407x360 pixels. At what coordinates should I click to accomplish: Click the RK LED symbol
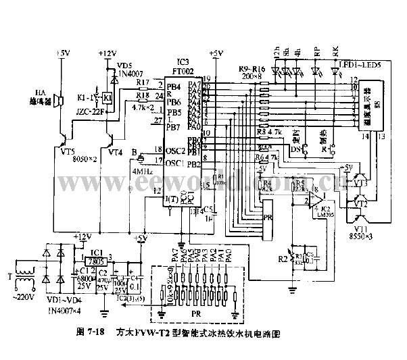(x=336, y=69)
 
